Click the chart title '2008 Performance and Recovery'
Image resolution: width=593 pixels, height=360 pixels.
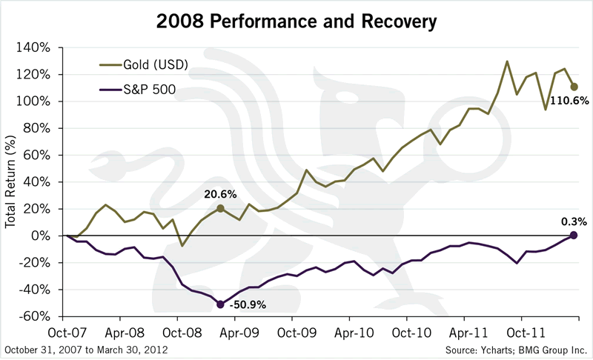296,21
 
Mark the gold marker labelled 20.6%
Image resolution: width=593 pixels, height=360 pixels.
221,208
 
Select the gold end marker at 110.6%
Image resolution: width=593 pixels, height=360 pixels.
574,87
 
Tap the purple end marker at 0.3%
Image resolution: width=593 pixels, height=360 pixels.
574,235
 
